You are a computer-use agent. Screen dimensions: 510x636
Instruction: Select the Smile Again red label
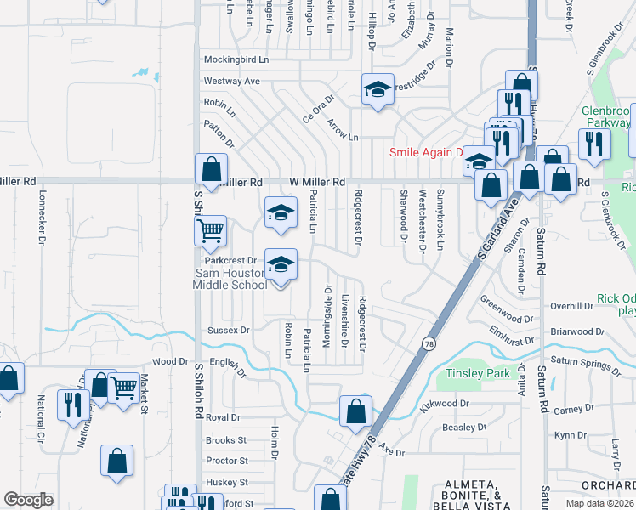coord(424,153)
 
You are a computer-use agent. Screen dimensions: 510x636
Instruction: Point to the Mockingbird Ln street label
coord(236,60)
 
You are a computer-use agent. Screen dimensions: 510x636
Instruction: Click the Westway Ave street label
coord(231,82)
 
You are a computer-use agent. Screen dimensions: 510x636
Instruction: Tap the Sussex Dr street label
coord(229,330)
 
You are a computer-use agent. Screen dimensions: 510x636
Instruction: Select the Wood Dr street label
coord(170,361)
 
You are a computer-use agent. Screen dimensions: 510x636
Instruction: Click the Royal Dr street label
coord(224,418)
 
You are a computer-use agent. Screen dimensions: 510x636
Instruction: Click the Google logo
coord(28,500)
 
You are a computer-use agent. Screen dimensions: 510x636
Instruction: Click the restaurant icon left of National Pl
coord(70,403)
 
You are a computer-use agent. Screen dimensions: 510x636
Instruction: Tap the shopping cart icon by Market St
coord(124,388)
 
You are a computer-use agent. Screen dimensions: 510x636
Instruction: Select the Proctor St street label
coord(226,461)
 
